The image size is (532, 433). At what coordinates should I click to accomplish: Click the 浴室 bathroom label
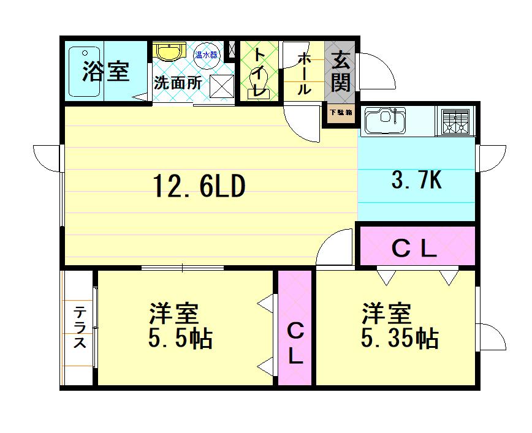[106, 72]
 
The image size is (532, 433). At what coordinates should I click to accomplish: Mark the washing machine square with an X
[221, 85]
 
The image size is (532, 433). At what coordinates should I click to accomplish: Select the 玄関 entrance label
[340, 72]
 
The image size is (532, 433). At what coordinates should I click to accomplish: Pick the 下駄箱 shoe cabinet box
[340, 113]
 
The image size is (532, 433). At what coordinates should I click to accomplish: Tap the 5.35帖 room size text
[399, 337]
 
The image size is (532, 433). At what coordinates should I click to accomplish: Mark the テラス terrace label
[80, 327]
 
